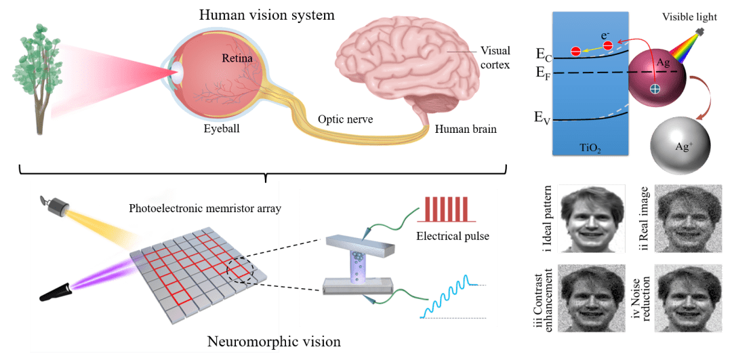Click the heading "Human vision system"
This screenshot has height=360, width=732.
pyautogui.click(x=267, y=15)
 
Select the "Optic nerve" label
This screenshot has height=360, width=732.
pyautogui.click(x=345, y=119)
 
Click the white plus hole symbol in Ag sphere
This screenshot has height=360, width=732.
pyautogui.click(x=655, y=89)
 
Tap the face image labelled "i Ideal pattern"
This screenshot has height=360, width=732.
pyautogui.click(x=593, y=219)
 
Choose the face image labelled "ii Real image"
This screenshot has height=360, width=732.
pyautogui.click(x=688, y=219)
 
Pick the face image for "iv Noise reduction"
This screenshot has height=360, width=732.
pyautogui.click(x=688, y=299)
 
